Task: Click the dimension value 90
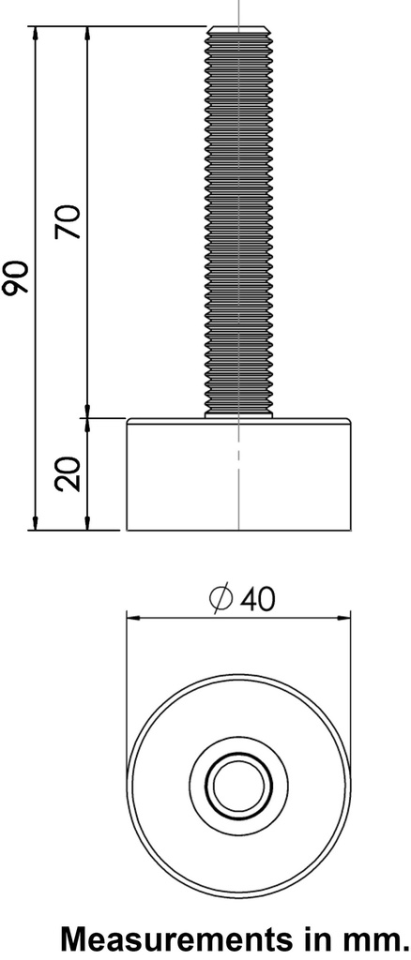tap(16, 278)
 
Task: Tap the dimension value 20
tap(68, 474)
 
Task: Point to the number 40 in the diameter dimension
tap(256, 599)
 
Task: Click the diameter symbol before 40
tap(221, 599)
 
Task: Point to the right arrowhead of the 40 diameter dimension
tap(346, 618)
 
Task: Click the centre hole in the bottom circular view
tap(239, 783)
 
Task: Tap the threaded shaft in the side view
tap(239, 225)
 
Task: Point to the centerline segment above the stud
tap(240, 11)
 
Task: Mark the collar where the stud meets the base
tap(239, 414)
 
